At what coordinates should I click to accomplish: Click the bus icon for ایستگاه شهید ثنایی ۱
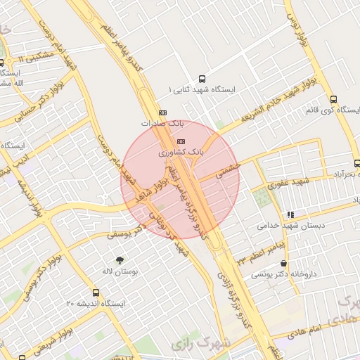pos(202,79)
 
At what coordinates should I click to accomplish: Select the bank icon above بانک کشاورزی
pos(181,141)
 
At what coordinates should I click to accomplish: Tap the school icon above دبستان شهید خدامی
pos(290,214)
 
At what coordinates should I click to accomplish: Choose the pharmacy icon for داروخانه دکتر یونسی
pos(283,263)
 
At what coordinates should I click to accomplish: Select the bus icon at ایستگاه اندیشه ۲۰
pos(96,292)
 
